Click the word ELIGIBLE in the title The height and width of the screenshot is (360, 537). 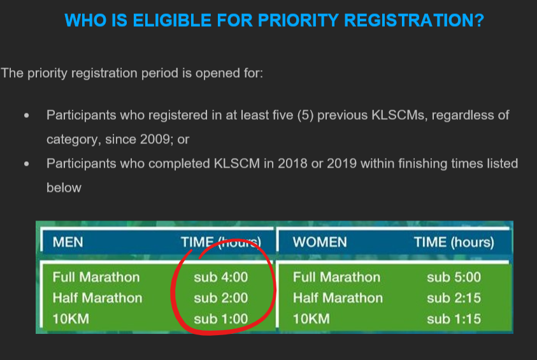point(172,20)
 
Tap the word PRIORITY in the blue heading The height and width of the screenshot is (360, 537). point(298,20)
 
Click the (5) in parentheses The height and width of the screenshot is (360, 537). point(306,115)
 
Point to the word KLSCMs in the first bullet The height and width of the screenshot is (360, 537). point(398,115)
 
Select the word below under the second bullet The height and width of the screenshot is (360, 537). point(64,188)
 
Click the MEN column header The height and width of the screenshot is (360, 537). point(68,242)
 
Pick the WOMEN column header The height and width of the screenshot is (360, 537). point(320,242)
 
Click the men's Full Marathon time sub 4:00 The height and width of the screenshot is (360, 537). point(221,277)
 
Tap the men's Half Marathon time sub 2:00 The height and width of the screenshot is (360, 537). point(221,298)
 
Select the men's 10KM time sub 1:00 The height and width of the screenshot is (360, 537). point(221,319)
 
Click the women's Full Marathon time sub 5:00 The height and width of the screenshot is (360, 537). point(454,277)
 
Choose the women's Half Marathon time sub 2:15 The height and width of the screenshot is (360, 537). point(454,298)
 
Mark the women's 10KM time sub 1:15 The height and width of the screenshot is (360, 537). point(454,319)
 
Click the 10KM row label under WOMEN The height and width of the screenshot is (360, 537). point(311,319)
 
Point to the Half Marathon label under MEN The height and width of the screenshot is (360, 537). point(97,298)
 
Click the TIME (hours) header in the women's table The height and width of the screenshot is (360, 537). point(454,242)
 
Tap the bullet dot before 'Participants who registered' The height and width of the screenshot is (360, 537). point(27,116)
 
